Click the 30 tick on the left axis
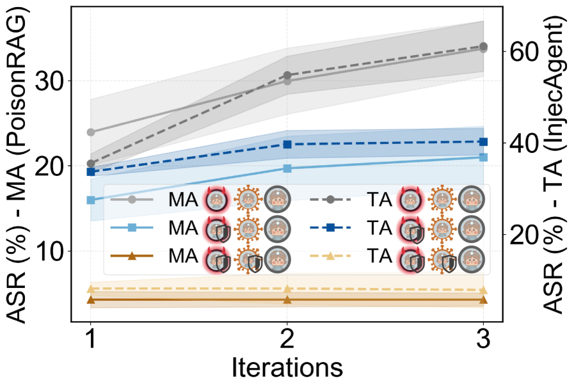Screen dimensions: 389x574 click(53, 81)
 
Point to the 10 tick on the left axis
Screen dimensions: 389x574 click(53, 251)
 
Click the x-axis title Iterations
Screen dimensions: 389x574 click(287, 369)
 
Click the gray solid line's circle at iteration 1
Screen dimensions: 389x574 click(91, 132)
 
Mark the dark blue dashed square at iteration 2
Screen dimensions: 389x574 click(287, 145)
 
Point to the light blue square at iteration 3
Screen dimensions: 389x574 click(483, 157)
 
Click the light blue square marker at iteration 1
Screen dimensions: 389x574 click(91, 200)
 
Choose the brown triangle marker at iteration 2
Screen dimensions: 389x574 click(287, 299)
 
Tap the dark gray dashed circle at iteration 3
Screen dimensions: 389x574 click(483, 46)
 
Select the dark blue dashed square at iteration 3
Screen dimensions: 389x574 click(483, 141)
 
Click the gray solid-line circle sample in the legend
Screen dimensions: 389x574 click(132, 200)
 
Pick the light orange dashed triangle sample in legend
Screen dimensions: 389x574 click(331, 257)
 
